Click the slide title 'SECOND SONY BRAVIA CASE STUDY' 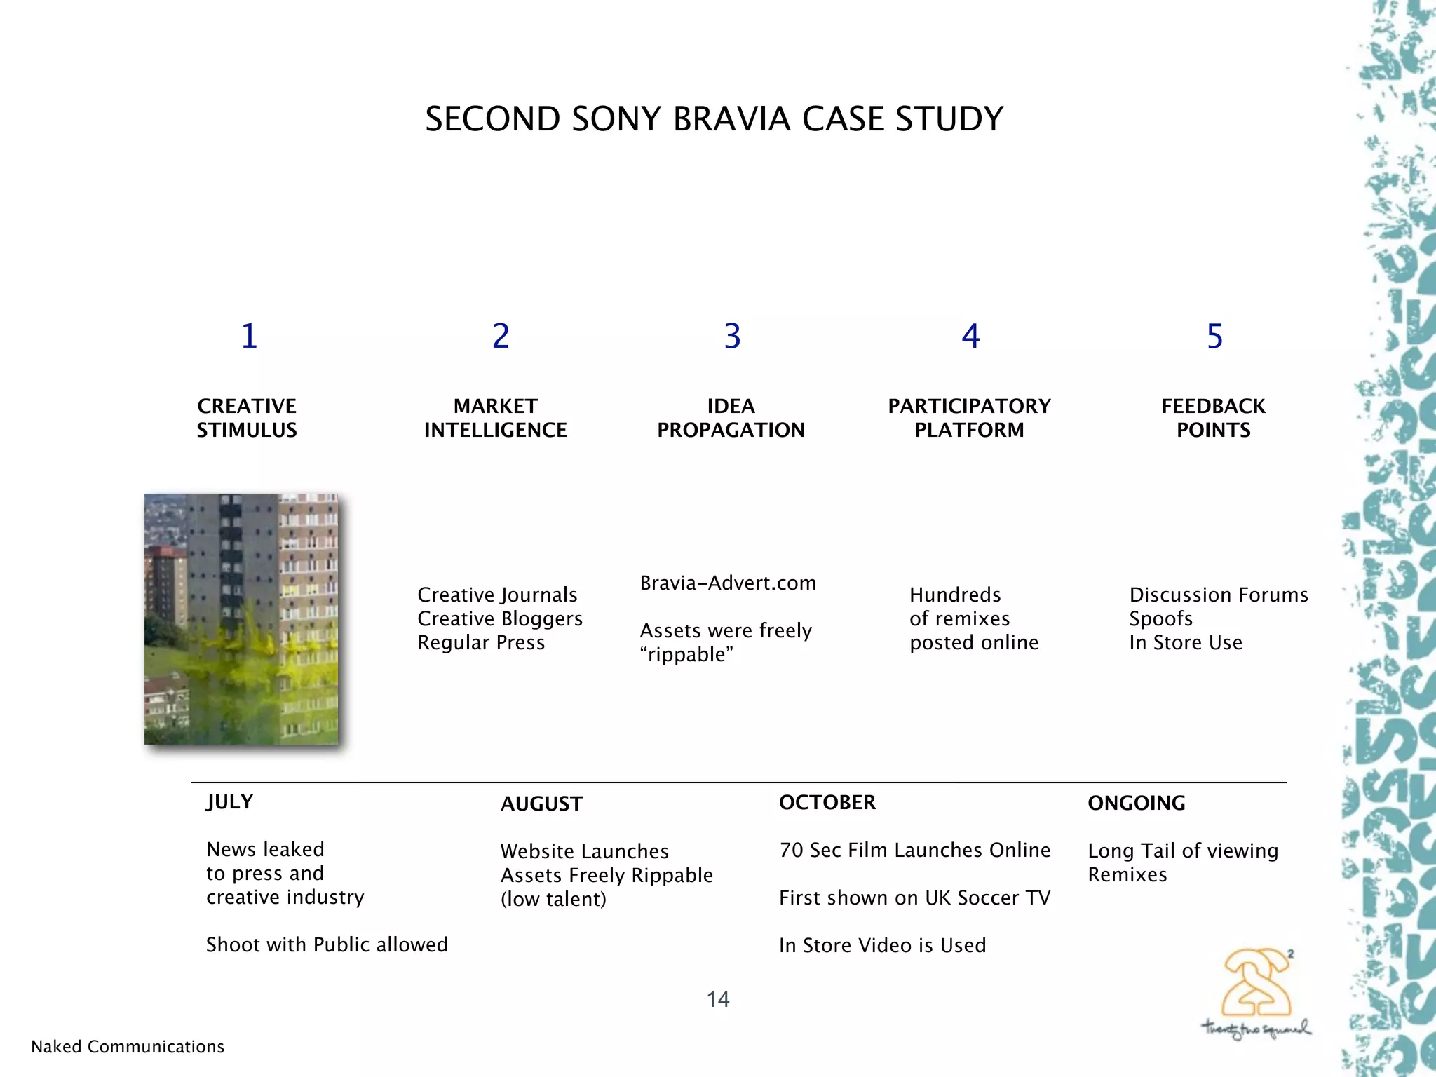pyautogui.click(x=714, y=119)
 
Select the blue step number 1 pyautogui.click(x=249, y=336)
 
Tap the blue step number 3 pyautogui.click(x=732, y=337)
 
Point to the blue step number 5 pyautogui.click(x=1214, y=337)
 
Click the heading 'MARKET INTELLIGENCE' pyautogui.click(x=496, y=418)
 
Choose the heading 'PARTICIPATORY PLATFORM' pyautogui.click(x=969, y=418)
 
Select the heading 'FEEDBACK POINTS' pyautogui.click(x=1213, y=418)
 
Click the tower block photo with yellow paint pyautogui.click(x=241, y=618)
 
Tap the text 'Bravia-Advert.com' pyautogui.click(x=728, y=583)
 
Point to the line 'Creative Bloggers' pyautogui.click(x=500, y=619)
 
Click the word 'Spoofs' pyautogui.click(x=1160, y=619)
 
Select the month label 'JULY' pyautogui.click(x=229, y=802)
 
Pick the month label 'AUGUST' pyautogui.click(x=541, y=804)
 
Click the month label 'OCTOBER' pyautogui.click(x=827, y=803)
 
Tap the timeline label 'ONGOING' pyautogui.click(x=1136, y=804)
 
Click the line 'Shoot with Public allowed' pyautogui.click(x=327, y=945)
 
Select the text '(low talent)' pyautogui.click(x=553, y=900)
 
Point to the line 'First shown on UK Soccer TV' pyautogui.click(x=914, y=898)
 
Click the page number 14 pyautogui.click(x=718, y=999)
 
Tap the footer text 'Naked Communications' pyautogui.click(x=128, y=1047)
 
